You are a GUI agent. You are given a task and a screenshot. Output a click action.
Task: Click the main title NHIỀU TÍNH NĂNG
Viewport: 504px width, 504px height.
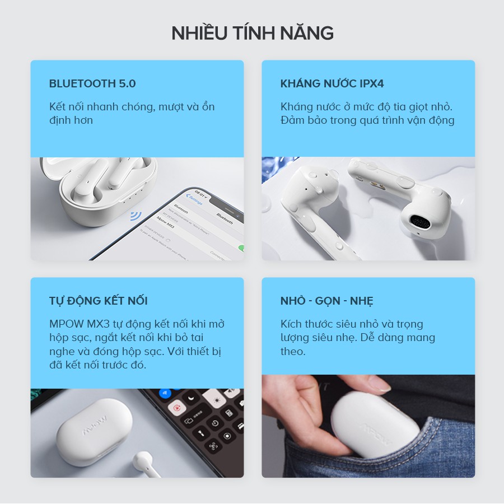[252, 33]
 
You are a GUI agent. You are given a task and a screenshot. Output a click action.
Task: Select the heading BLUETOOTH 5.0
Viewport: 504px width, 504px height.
[92, 84]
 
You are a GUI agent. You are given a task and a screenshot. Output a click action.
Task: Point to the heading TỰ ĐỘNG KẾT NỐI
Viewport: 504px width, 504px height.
[98, 301]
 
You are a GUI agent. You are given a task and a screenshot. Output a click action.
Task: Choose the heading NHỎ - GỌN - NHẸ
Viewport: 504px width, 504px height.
[326, 301]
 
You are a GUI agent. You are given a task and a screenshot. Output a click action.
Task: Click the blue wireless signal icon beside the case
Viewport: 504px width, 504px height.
[135, 216]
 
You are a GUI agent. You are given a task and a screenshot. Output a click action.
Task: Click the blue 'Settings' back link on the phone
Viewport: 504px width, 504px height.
[195, 199]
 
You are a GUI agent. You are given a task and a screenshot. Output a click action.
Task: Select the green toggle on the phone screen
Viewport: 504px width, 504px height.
[241, 248]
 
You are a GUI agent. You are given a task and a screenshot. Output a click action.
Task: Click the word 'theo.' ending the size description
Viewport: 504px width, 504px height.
[293, 351]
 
